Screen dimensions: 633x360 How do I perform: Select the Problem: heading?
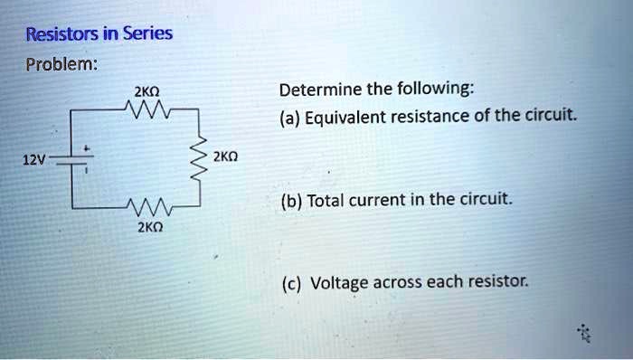[x=57, y=67]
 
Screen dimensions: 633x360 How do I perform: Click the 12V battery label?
[x=33, y=159]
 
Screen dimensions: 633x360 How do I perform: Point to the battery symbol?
[x=80, y=161]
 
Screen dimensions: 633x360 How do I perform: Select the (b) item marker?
[x=290, y=200]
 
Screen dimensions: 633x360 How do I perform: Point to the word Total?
[x=326, y=200]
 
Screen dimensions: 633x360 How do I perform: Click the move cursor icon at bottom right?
[x=586, y=333]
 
